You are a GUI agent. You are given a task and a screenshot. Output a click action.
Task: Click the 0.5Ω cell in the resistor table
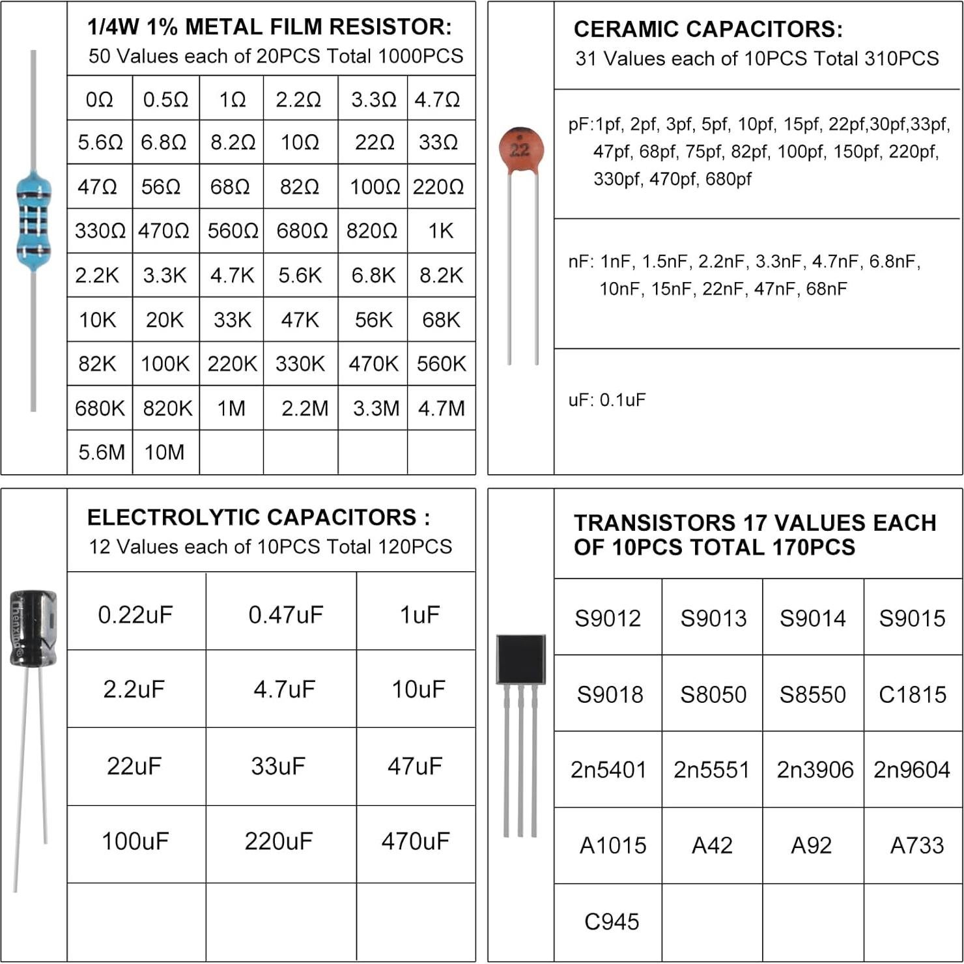tap(165, 100)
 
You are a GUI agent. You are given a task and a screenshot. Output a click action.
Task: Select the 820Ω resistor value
tap(372, 231)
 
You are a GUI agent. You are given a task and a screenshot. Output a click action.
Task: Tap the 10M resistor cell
tap(164, 452)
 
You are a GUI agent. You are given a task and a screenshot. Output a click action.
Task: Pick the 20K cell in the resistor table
tap(165, 320)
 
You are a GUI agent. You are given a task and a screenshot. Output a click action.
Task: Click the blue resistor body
tap(33, 221)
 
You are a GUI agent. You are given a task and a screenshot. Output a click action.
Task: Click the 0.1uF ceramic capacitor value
tap(622, 400)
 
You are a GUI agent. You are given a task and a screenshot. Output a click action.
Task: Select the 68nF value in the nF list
tap(827, 289)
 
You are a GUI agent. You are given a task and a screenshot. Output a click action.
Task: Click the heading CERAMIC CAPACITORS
tap(708, 29)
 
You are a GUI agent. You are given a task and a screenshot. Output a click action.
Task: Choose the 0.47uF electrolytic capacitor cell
tap(285, 614)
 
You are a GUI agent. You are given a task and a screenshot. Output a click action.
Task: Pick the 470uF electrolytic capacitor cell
tap(415, 842)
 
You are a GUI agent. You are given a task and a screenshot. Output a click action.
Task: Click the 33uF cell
tap(278, 766)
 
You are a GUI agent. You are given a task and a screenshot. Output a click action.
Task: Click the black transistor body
tap(520, 659)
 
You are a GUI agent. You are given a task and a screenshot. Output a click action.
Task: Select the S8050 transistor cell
tap(713, 694)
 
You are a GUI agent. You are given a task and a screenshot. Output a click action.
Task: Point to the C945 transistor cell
tap(612, 922)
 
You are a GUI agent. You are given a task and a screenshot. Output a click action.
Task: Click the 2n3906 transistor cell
tap(815, 770)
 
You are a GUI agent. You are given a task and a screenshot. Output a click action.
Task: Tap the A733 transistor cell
tap(916, 845)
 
